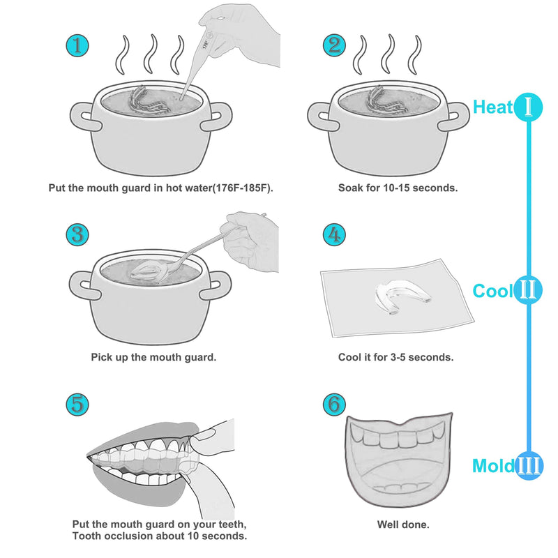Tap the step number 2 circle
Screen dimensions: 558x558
click(335, 47)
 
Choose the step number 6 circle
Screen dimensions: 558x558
click(335, 403)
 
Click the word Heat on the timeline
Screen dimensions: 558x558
click(493, 107)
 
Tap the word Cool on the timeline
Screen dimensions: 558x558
click(492, 291)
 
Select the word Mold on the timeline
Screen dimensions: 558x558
click(493, 466)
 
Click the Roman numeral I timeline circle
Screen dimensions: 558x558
click(529, 107)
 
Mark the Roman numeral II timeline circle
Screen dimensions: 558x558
click(529, 291)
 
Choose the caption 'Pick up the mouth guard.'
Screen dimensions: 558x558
click(153, 356)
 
